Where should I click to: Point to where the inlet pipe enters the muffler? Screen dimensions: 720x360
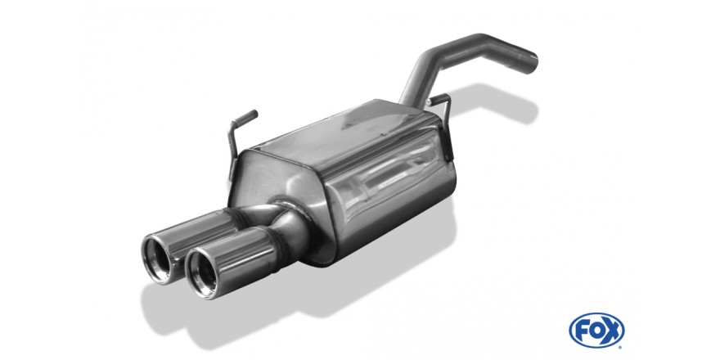coord(407,100)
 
